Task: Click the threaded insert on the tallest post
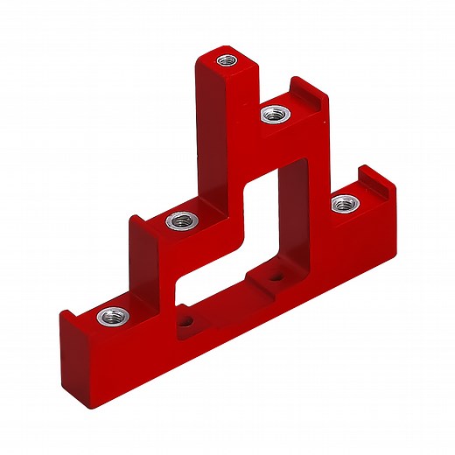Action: [227, 61]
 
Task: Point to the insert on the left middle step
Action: [179, 220]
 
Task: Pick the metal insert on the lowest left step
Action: [110, 314]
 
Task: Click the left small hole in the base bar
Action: [185, 321]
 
